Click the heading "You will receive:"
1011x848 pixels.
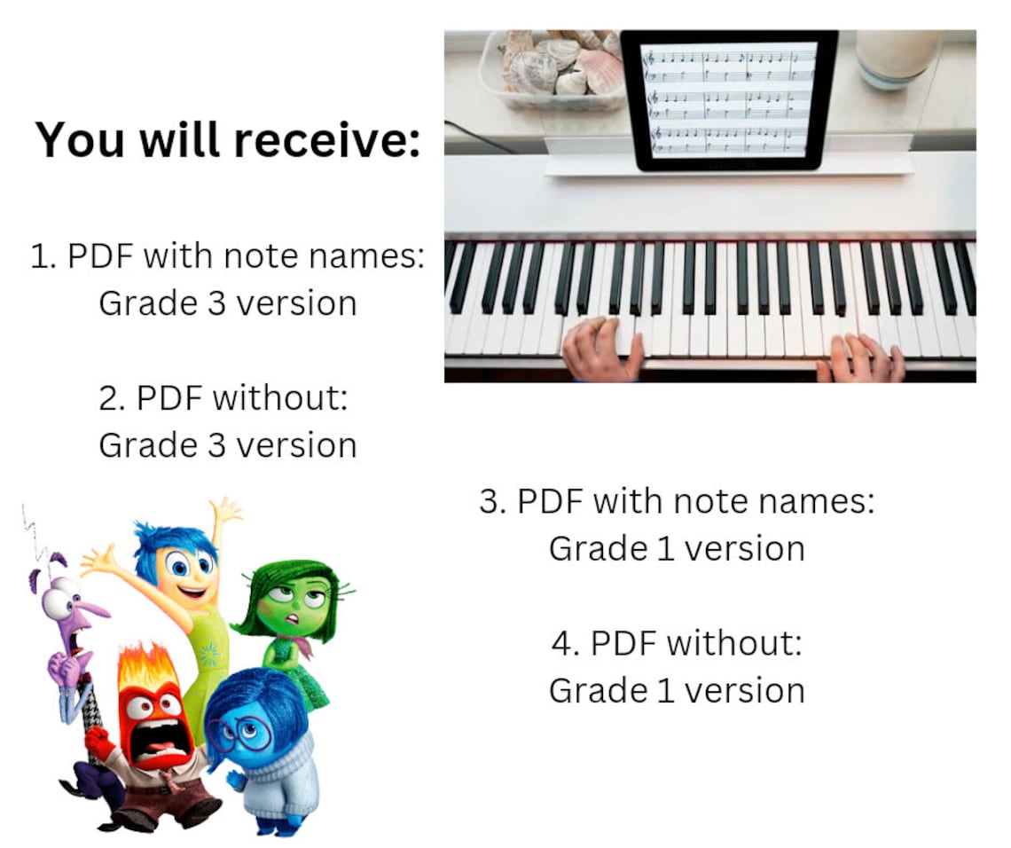[x=227, y=140]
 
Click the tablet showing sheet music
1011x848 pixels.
[x=729, y=99]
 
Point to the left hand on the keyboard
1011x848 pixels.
[x=601, y=348]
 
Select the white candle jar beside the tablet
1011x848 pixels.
[x=897, y=57]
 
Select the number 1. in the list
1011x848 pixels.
[x=44, y=256]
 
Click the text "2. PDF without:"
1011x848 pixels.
[x=227, y=397]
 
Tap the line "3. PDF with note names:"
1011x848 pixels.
[x=677, y=501]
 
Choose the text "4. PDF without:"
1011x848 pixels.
[x=677, y=642]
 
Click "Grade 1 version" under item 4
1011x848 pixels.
[x=677, y=689]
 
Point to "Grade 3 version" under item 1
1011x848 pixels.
[x=227, y=302]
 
